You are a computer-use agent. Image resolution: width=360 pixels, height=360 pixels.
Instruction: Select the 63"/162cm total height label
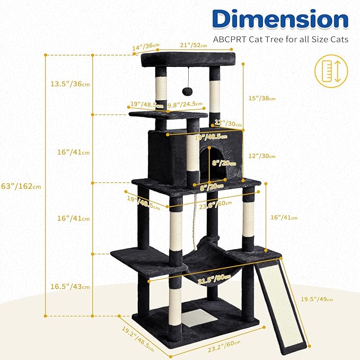point(22,186)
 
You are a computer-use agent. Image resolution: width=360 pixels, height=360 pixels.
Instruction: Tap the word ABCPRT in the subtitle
point(231,39)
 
